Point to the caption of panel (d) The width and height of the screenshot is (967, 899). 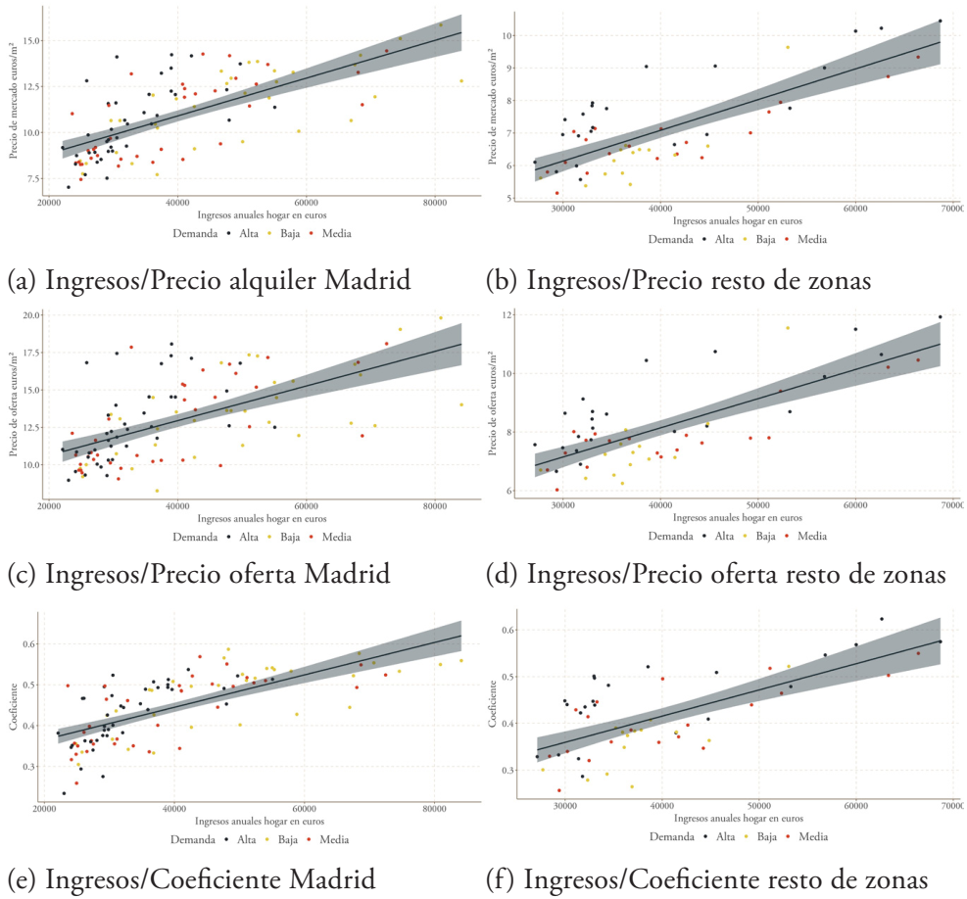pos(715,573)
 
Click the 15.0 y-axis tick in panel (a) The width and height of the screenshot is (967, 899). pos(33,41)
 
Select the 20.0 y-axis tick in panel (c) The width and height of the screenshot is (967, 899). pos(33,315)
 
